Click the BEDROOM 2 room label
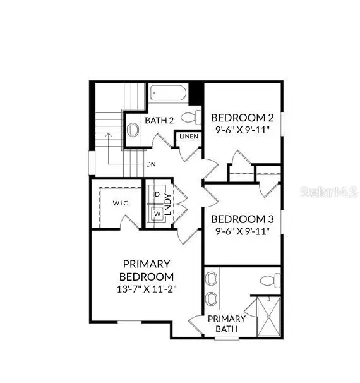(242, 117)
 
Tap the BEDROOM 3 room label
(242, 219)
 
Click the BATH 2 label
(159, 120)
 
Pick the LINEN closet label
(189, 137)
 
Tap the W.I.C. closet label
(121, 203)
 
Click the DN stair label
(151, 164)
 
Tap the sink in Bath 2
(133, 130)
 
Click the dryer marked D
(157, 193)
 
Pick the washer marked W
(157, 214)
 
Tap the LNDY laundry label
(168, 204)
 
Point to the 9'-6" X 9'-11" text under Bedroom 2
(242, 130)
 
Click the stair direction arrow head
(108, 134)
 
